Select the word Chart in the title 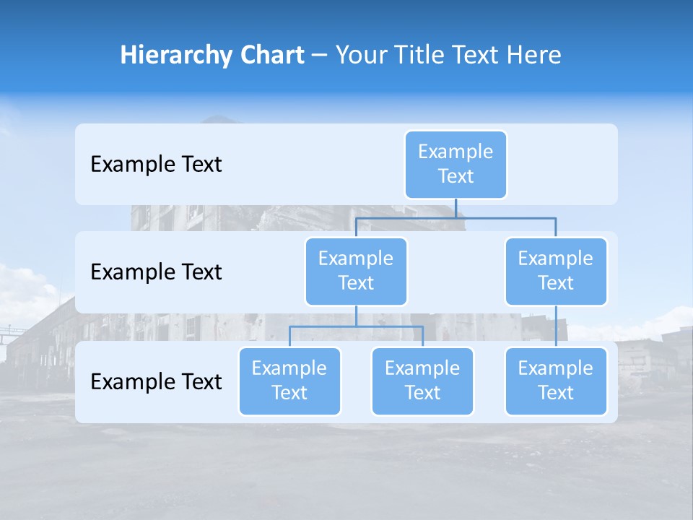271,55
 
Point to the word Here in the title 533,55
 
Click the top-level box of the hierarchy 456,164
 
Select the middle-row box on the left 356,271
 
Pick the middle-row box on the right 556,271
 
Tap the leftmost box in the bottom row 289,381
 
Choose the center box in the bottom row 422,381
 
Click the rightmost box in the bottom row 556,381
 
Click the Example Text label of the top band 156,164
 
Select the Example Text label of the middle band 156,272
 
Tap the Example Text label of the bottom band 156,381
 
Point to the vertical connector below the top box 456,208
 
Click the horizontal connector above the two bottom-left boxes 356,326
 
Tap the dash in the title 319,55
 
